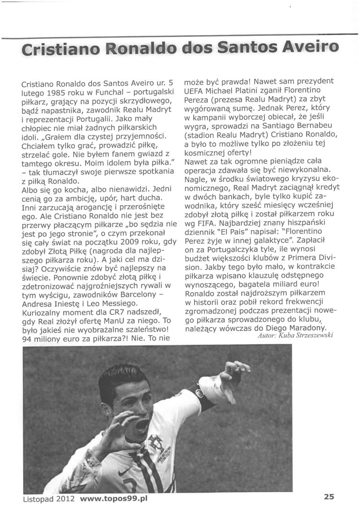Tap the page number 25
coord(328,498)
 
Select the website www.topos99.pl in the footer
coord(114,499)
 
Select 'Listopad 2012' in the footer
coord(49,499)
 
